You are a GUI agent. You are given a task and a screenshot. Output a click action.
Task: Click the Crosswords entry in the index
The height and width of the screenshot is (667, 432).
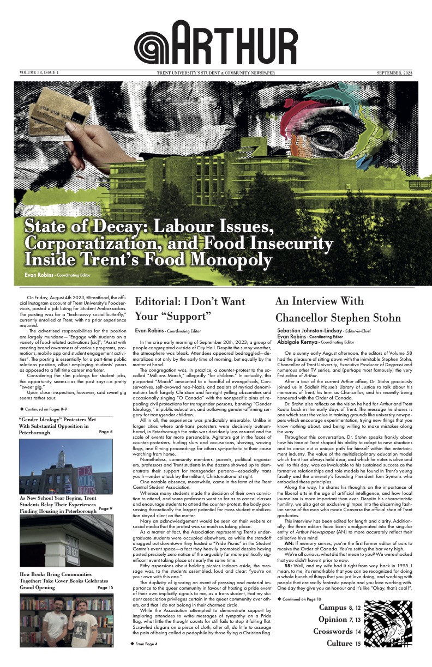(333, 632)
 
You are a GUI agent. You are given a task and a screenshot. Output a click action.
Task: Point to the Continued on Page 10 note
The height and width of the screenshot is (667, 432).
(303, 599)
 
